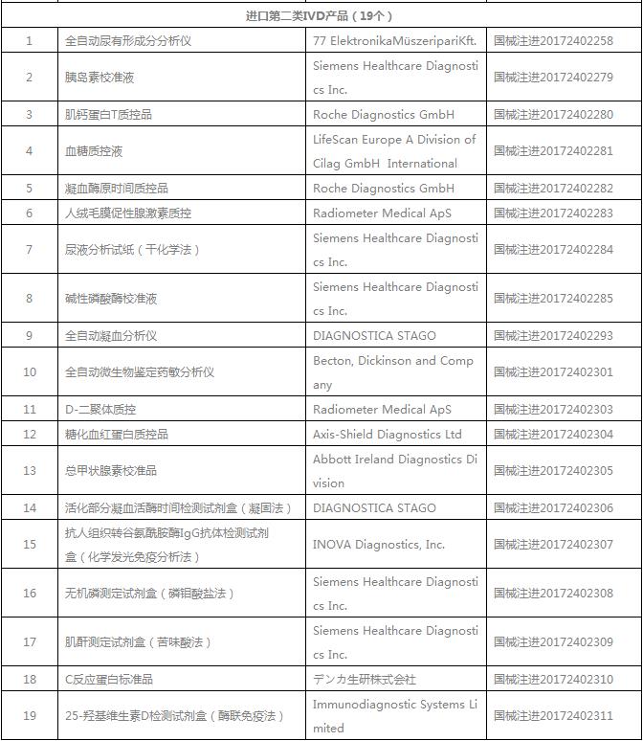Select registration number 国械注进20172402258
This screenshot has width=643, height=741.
pyautogui.click(x=553, y=40)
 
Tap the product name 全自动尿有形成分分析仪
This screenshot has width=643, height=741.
pyautogui.click(x=128, y=40)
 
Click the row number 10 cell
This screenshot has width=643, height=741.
pyautogui.click(x=30, y=372)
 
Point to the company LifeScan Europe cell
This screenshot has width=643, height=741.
pyautogui.click(x=394, y=151)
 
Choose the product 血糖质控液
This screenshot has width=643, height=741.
pyautogui.click(x=94, y=151)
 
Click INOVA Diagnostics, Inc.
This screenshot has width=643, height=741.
pyautogui.click(x=379, y=544)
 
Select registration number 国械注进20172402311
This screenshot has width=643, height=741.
pyautogui.click(x=553, y=715)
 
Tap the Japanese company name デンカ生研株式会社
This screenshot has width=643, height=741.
pyautogui.click(x=365, y=679)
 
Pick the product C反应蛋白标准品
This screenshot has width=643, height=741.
pyautogui.click(x=109, y=679)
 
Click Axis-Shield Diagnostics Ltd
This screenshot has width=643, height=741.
pyautogui.click(x=388, y=434)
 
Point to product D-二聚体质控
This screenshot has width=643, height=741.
pyautogui.click(x=100, y=409)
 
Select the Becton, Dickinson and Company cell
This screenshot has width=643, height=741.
pyautogui.click(x=393, y=372)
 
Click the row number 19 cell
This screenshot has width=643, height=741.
pyautogui.click(x=30, y=715)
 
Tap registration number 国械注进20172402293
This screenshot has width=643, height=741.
pyautogui.click(x=553, y=335)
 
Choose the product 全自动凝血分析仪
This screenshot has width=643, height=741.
pyautogui.click(x=111, y=335)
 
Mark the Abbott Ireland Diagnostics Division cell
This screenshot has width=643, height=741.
pyautogui.click(x=394, y=470)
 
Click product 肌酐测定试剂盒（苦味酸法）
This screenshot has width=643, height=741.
pyautogui.click(x=138, y=641)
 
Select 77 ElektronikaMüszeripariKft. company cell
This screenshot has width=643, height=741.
pyautogui.click(x=394, y=40)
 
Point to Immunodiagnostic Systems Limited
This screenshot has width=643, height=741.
pyautogui.click(x=394, y=715)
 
